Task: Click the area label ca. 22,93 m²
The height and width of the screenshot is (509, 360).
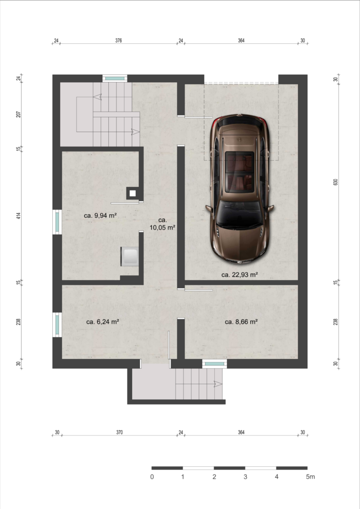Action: [x=240, y=274]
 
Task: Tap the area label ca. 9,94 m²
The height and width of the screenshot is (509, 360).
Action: [x=100, y=215]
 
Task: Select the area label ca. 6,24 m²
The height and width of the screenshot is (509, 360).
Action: [x=102, y=322]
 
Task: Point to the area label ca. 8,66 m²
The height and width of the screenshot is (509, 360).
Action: [x=241, y=322]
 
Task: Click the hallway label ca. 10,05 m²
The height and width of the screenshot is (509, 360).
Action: [x=162, y=224]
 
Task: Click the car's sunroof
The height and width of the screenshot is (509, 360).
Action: [x=240, y=172]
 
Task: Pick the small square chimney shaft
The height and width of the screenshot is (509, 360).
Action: [x=132, y=193]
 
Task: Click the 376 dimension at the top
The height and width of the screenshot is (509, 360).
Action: [x=118, y=41]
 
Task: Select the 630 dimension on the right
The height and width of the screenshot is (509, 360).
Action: [x=336, y=182]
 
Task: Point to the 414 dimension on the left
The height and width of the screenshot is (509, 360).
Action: [x=18, y=216]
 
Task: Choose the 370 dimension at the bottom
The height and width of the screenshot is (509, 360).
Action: [x=119, y=432]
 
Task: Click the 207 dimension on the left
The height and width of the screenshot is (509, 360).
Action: [x=18, y=114]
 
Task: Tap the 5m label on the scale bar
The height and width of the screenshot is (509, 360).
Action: [x=310, y=477]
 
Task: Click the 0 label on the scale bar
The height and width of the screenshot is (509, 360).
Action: [x=152, y=477]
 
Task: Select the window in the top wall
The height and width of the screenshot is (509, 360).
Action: [x=115, y=78]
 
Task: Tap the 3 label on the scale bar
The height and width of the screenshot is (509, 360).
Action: [x=246, y=477]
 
